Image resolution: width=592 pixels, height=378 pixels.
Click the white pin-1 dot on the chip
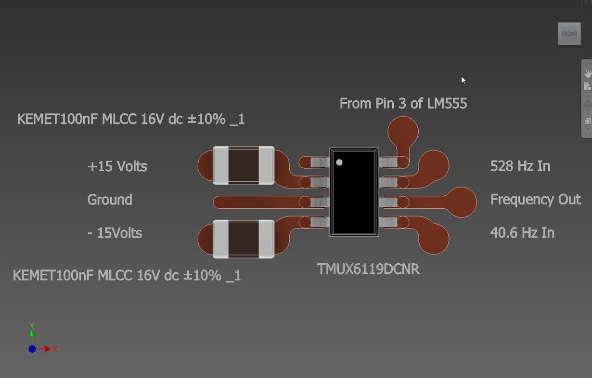click(x=339, y=162)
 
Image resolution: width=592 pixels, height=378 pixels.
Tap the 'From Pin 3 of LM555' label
click(x=403, y=104)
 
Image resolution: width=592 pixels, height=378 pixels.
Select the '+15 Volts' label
click(x=117, y=166)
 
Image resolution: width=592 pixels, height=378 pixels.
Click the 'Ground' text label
click(x=110, y=200)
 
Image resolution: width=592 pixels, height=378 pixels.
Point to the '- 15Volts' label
click(x=115, y=233)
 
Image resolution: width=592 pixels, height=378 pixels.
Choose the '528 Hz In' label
click(x=520, y=166)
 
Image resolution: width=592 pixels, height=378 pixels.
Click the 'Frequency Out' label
click(x=536, y=200)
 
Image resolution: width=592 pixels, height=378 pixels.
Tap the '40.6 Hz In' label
click(x=523, y=233)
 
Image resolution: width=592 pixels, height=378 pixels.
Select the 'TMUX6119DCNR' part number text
click(x=368, y=269)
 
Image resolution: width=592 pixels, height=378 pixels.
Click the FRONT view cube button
click(x=569, y=34)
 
